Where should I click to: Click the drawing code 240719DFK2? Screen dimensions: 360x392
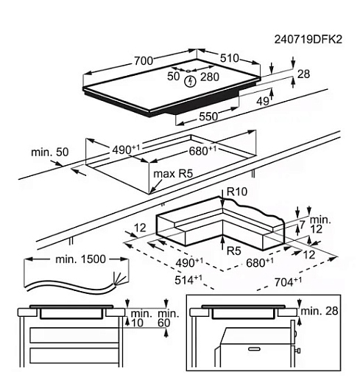tap(308, 40)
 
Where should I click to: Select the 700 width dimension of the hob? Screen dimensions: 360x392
tap(144, 60)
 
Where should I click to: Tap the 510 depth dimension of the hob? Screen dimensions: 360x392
tap(230, 58)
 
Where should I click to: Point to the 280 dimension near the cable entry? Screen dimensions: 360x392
tap(210, 77)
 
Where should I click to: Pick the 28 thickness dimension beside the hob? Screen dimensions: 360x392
tap(303, 74)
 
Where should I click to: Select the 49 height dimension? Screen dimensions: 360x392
tap(264, 101)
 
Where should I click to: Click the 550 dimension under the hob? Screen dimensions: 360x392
tap(208, 116)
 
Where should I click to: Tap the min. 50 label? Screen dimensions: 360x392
tap(50, 152)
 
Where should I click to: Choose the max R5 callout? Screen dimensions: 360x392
tap(173, 174)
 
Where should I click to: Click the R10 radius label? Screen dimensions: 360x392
tap(237, 192)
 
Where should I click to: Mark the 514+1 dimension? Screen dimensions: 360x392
tap(188, 280)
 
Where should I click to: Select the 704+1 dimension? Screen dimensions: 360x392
tap(288, 282)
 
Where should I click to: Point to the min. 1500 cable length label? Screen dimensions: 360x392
tap(80, 259)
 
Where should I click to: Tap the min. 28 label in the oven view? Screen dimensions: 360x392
tap(320, 311)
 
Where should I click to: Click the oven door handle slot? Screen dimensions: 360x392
tap(254, 349)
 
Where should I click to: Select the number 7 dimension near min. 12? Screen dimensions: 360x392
tap(303, 225)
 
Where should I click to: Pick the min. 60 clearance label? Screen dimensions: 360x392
tap(169, 318)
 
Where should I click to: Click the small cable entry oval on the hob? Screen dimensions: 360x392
tap(188, 71)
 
